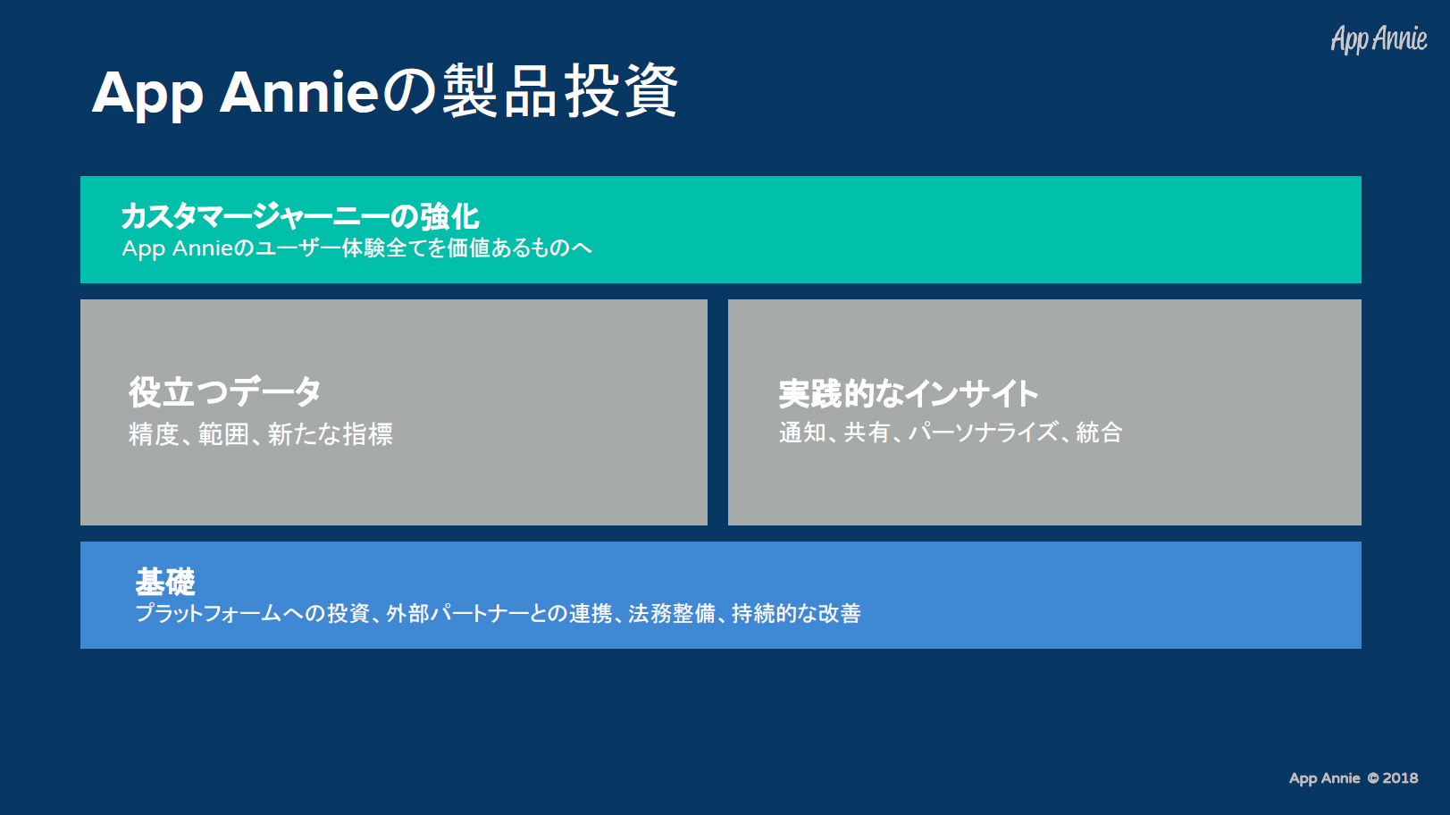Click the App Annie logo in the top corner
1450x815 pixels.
tap(1379, 39)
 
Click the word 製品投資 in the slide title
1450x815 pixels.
tap(560, 91)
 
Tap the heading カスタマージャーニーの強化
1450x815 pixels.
tap(300, 216)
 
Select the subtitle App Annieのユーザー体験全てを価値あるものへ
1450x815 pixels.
tap(356, 248)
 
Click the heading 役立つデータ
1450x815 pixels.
tap(224, 391)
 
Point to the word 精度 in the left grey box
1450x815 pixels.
tap(154, 433)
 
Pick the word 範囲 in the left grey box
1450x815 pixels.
tap(223, 433)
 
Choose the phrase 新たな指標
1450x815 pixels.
tap(331, 433)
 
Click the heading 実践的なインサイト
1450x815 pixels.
tap(909, 393)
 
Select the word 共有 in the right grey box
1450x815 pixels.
tap(867, 433)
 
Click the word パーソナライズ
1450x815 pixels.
tap(984, 433)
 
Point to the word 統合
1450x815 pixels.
tap(1099, 433)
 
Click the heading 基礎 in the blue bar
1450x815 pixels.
tap(165, 581)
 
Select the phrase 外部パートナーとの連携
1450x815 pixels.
tap(499, 613)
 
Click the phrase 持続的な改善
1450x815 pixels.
tap(797, 613)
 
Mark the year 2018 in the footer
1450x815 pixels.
tap(1400, 778)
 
